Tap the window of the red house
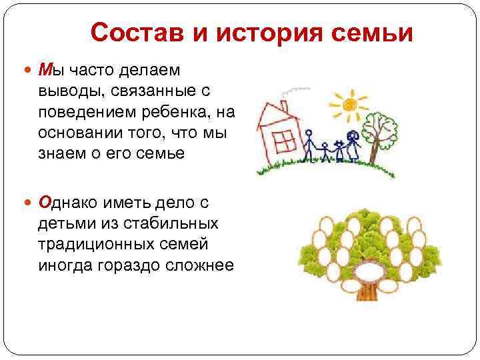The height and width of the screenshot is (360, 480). [x=285, y=141]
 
